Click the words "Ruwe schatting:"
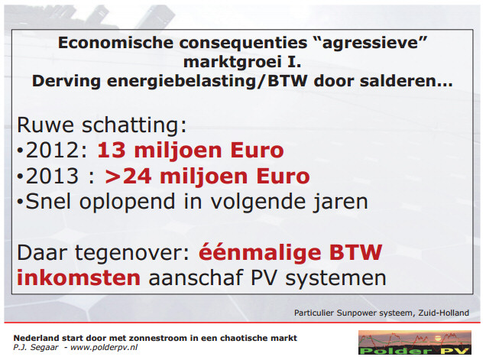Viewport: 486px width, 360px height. (x=102, y=125)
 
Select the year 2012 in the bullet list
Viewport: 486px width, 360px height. (x=53, y=151)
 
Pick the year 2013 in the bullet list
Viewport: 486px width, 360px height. (x=53, y=176)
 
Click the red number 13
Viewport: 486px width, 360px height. (x=112, y=151)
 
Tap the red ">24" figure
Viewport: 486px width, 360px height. (x=128, y=176)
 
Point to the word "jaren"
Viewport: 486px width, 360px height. (x=340, y=203)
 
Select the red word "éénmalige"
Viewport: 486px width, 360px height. (x=259, y=254)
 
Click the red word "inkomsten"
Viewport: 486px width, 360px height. (x=79, y=277)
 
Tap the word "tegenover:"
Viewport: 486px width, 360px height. (x=132, y=254)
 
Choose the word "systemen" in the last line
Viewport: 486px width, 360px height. (x=335, y=279)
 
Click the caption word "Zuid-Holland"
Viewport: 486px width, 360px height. (x=443, y=313)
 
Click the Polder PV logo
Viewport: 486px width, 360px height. (x=415, y=342)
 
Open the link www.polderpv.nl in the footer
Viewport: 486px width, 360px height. (x=104, y=348)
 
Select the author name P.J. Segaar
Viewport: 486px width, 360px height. (x=36, y=348)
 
